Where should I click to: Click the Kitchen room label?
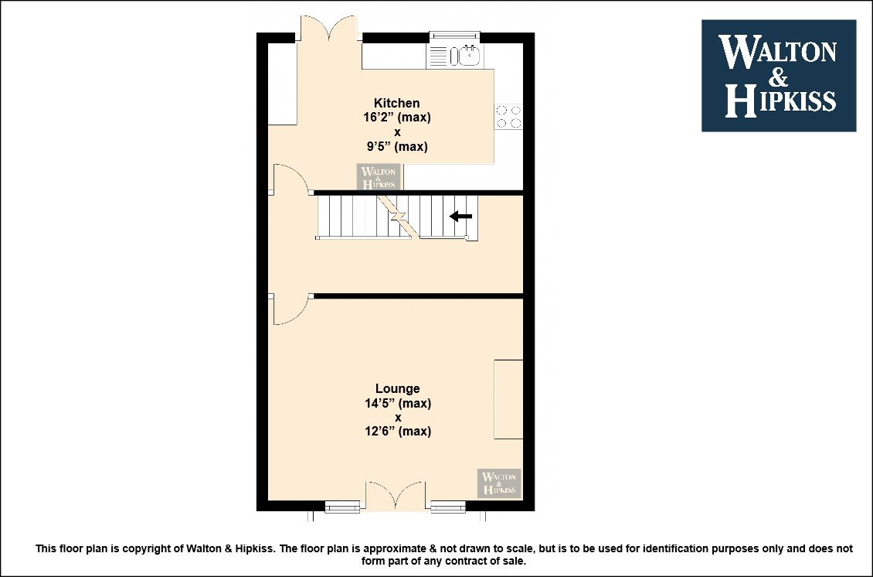tap(396, 103)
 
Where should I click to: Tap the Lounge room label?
tap(398, 388)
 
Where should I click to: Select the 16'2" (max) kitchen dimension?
tap(397, 118)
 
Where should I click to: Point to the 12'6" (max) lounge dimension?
tap(398, 431)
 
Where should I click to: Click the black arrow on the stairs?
tap(460, 216)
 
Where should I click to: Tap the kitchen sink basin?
tap(470, 55)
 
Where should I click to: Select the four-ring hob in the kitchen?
tap(509, 117)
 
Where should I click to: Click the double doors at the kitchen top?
tap(329, 28)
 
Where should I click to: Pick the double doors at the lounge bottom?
tap(396, 495)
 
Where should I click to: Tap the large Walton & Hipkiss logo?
tap(778, 76)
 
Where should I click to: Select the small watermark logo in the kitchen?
tap(379, 176)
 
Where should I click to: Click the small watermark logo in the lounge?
tap(499, 483)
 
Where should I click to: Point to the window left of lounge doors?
tap(342, 506)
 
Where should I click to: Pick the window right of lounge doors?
tap(448, 506)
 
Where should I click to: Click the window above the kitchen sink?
tap(454, 36)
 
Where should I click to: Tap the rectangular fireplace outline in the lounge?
tap(508, 399)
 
